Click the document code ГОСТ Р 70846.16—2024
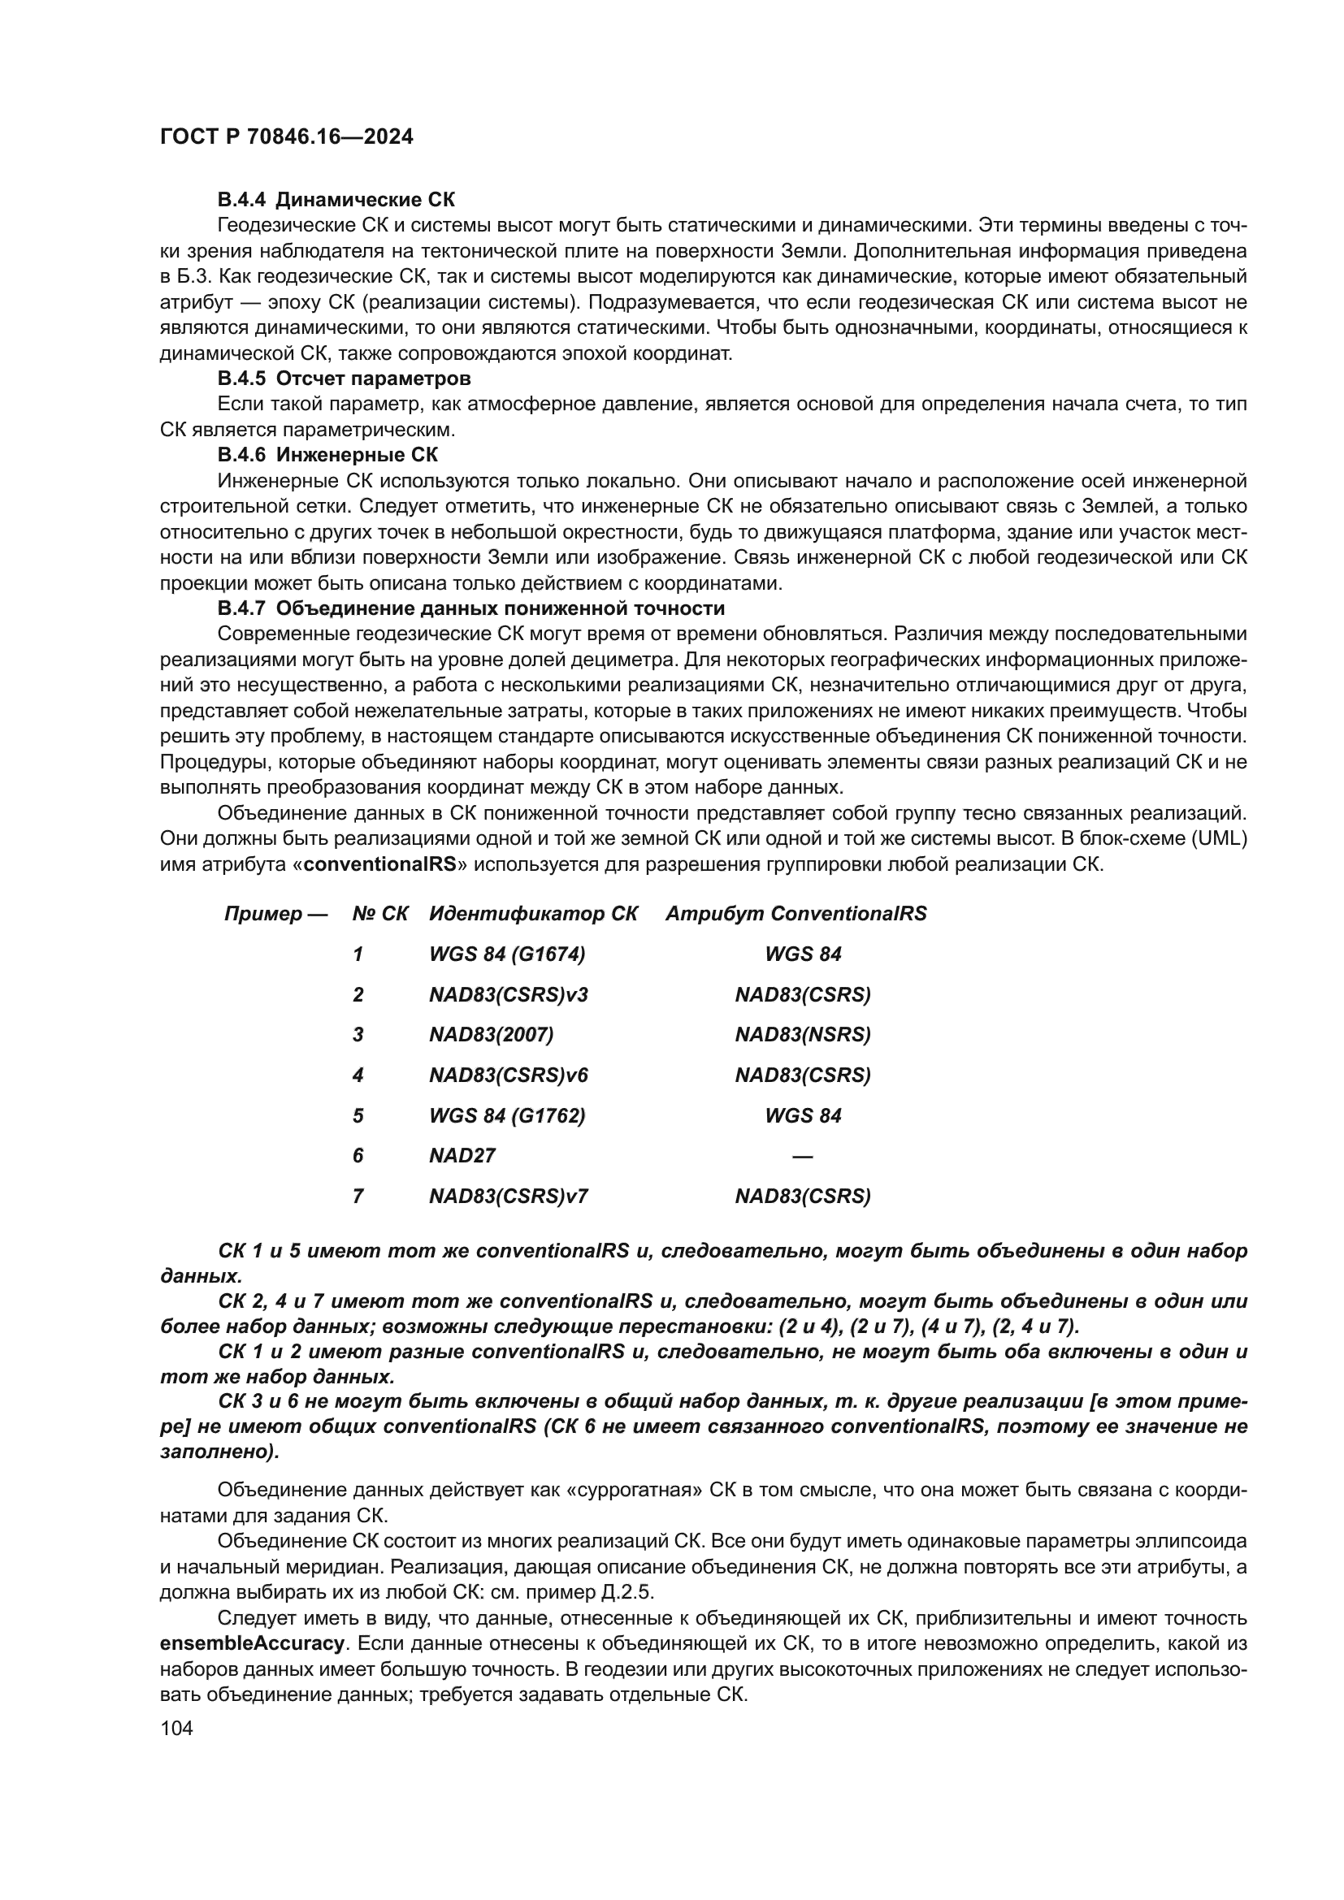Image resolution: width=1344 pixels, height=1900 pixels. point(286,137)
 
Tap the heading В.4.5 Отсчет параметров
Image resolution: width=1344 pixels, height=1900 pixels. point(345,379)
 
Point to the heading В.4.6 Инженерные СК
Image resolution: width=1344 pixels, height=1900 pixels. point(327,454)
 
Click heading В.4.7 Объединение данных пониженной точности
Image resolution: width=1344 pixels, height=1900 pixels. point(471,608)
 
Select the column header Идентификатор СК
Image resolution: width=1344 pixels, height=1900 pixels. point(533,914)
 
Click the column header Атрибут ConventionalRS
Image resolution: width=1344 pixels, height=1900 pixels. point(796,914)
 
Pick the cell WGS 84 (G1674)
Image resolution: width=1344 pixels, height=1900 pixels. point(506,954)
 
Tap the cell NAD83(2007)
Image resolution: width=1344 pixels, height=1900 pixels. point(491,1034)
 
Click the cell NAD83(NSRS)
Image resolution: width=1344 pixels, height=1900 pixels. point(803,1034)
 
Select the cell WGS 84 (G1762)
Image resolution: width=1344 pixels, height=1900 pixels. point(506,1115)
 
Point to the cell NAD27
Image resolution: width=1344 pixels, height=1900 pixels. point(462,1156)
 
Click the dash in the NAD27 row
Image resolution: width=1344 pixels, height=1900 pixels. point(802,1156)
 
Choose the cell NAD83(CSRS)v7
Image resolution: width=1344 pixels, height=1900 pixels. point(508,1197)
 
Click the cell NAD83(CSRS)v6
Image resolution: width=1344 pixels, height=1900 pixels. point(508,1075)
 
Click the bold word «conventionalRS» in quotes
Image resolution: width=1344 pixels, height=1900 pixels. point(380,865)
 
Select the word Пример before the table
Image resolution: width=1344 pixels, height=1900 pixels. point(263,914)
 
